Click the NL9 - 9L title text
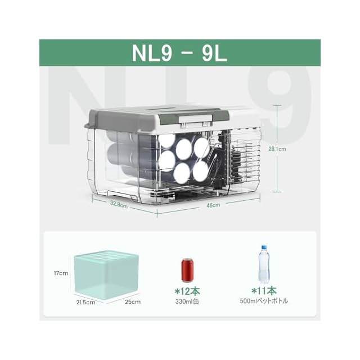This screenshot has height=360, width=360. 179,53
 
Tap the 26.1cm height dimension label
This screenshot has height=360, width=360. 277,149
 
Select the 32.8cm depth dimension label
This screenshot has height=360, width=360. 119,204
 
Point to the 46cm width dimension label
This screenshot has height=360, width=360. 213,205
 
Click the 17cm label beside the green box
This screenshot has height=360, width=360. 61,273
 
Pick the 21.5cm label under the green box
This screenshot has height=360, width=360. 85,303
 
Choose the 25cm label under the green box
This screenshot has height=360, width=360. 133,301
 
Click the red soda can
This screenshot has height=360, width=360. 187,270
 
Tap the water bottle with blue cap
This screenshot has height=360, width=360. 264,264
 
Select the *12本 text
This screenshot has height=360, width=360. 187,291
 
